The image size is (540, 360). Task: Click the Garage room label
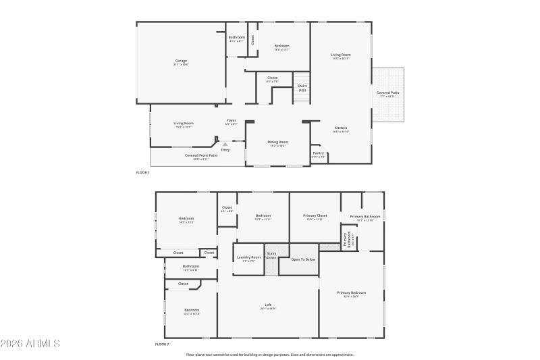181,61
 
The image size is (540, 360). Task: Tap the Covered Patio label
387,93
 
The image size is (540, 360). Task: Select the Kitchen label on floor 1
341,128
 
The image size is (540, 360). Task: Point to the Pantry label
319,153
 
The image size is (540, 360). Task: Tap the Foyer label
231,121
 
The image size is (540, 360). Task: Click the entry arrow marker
225,143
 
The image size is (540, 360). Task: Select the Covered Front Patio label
201,155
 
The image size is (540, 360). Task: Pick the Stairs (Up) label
302,88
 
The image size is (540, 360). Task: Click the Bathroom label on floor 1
236,37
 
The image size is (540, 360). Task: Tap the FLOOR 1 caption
142,173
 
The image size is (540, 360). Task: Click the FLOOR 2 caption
161,344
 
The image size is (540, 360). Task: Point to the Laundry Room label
248,257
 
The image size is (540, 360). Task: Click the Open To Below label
303,259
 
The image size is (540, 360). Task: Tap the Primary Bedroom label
352,292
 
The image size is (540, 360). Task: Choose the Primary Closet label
315,215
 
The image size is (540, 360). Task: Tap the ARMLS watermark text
31,344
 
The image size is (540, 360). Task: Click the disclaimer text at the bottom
270,354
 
